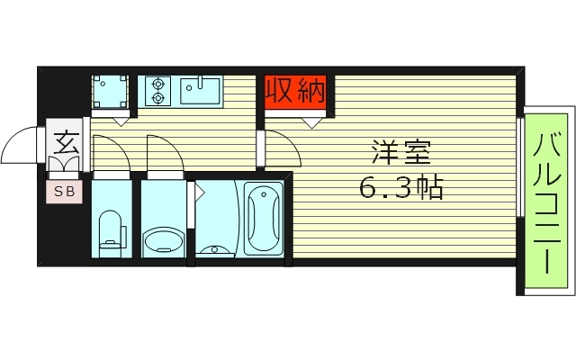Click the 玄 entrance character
pos(65,144)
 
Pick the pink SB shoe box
pos(65,191)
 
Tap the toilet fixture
pos(110,229)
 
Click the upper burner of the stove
pos(158,84)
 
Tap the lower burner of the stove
pos(158,97)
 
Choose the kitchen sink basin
pos(199,90)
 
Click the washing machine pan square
pos(112,91)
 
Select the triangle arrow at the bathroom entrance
pos(191,191)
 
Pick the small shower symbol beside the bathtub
pos(215,248)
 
